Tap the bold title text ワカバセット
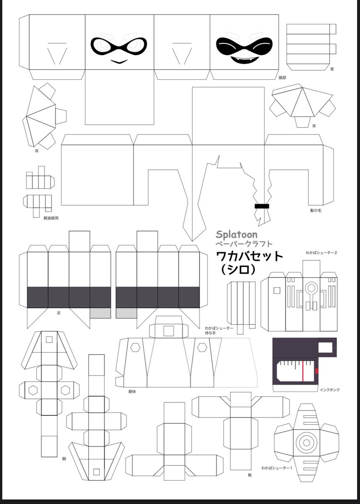pos(250,256)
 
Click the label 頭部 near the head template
pos(282,78)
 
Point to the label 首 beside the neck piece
pos(332,69)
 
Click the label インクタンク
pos(330,390)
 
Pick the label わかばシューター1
pos(276,467)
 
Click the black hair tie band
pos(262,206)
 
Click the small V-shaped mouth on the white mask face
pos(119,62)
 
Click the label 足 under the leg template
pos(58,313)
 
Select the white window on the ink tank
pos(326,347)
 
